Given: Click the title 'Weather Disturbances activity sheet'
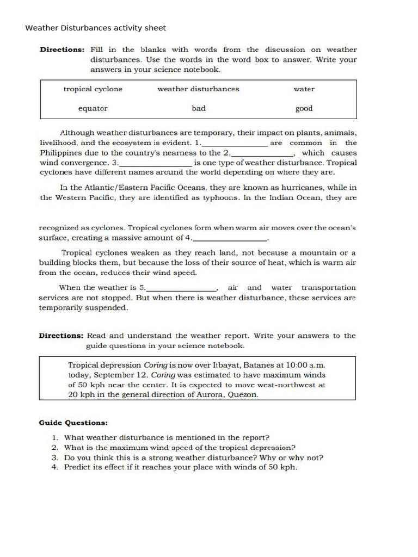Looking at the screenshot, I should (x=96, y=28).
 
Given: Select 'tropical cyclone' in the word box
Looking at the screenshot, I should (x=93, y=89).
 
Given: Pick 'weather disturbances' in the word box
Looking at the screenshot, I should (x=198, y=89).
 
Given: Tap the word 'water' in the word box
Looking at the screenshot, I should (x=304, y=89).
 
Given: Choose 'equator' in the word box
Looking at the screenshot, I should (x=93, y=108).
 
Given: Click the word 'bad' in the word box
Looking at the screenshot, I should (x=199, y=108).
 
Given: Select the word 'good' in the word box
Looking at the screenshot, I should (x=304, y=108).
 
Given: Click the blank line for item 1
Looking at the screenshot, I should (x=235, y=144).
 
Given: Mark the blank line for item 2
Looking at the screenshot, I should (x=262, y=154).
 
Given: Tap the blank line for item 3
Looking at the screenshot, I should (x=155, y=164).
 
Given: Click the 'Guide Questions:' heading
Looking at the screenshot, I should (x=73, y=423).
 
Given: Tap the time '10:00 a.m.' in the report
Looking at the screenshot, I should (x=302, y=365).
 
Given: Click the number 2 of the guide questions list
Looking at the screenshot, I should (x=54, y=447).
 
